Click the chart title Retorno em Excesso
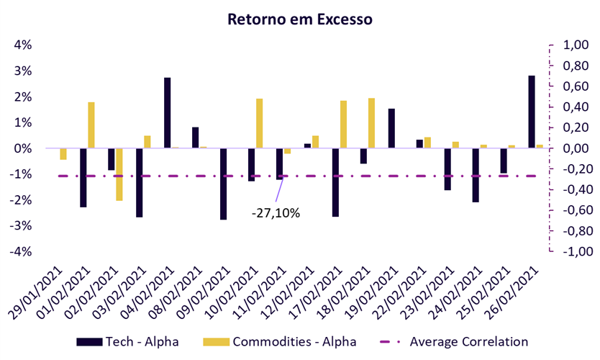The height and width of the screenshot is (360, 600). pos(300,19)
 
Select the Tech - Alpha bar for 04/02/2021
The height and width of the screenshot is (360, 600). pos(167,113)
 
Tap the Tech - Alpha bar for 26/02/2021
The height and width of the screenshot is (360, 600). pos(532,112)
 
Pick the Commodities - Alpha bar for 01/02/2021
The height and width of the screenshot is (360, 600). pos(91,125)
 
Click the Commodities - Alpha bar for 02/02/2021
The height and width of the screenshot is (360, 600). pos(119,174)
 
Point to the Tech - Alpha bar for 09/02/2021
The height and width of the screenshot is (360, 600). pos(223,184)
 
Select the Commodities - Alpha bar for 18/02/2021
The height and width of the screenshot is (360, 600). pos(372,123)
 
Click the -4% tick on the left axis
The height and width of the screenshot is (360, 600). pos(21,252)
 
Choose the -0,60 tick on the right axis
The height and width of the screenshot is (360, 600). pos(574,211)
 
